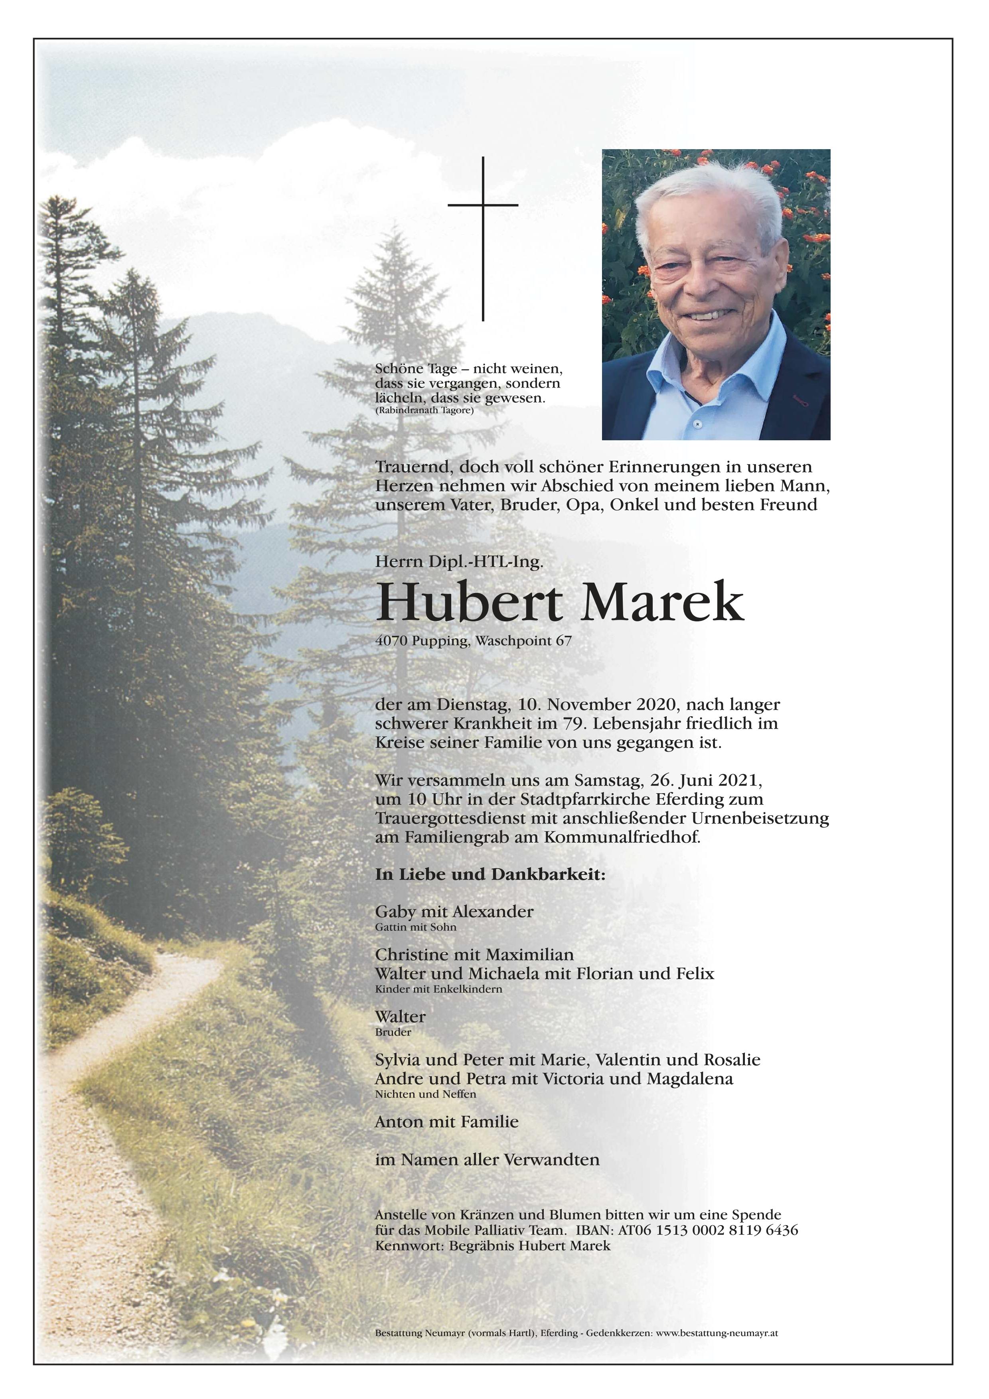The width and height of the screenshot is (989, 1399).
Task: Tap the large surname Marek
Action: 663,603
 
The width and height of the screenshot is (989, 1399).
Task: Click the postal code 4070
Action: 391,641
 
